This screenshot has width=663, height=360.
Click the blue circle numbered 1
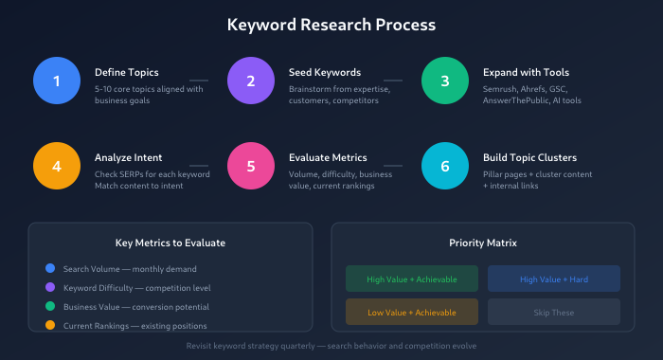click(x=56, y=81)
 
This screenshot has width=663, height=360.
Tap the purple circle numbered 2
click(x=251, y=81)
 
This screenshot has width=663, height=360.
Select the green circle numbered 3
click(x=445, y=81)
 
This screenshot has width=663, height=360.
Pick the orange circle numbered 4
click(x=56, y=166)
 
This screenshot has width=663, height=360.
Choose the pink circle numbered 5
click(x=251, y=166)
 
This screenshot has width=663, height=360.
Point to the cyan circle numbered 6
click(x=445, y=166)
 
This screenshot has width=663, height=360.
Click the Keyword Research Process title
click(x=331, y=25)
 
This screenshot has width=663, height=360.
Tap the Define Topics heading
click(x=127, y=72)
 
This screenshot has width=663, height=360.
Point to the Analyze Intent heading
click(x=129, y=157)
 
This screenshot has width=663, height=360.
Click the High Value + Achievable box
click(x=412, y=279)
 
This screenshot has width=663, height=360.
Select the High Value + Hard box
click(x=553, y=279)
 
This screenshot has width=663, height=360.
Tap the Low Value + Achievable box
click(x=412, y=312)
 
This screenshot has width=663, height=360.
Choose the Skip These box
click(x=553, y=312)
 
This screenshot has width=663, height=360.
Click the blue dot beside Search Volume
click(x=50, y=269)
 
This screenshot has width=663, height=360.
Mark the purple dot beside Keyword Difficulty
click(x=50, y=288)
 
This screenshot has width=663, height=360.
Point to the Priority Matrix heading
click(x=482, y=243)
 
